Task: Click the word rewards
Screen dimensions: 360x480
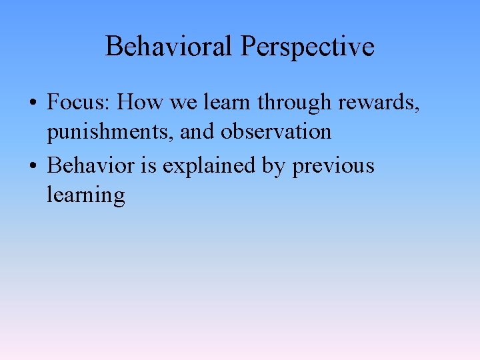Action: (378, 102)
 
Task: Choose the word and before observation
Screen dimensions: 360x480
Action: (197, 131)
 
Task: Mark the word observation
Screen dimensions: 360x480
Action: (276, 131)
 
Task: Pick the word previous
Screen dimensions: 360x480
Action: (333, 165)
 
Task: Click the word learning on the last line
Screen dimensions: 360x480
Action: (86, 196)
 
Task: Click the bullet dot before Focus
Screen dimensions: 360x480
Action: (32, 103)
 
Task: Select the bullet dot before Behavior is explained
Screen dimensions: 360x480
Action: (32, 165)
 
